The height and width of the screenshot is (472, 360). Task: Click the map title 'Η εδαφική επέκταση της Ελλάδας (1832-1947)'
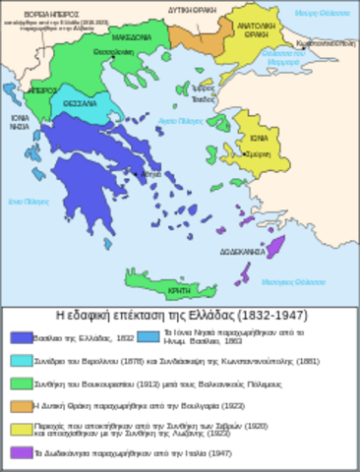pos(180,316)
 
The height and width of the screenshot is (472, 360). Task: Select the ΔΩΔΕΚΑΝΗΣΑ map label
pos(241,252)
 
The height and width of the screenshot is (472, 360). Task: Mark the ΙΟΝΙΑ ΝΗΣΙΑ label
pos(21,122)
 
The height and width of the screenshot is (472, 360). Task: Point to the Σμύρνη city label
pos(260,155)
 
